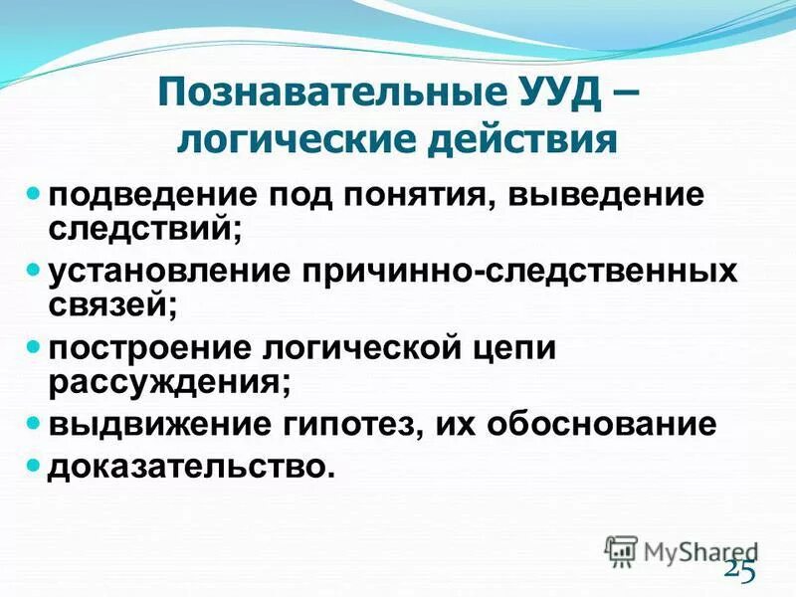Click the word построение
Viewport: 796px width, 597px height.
147,350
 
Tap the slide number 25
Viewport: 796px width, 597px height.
739,568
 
